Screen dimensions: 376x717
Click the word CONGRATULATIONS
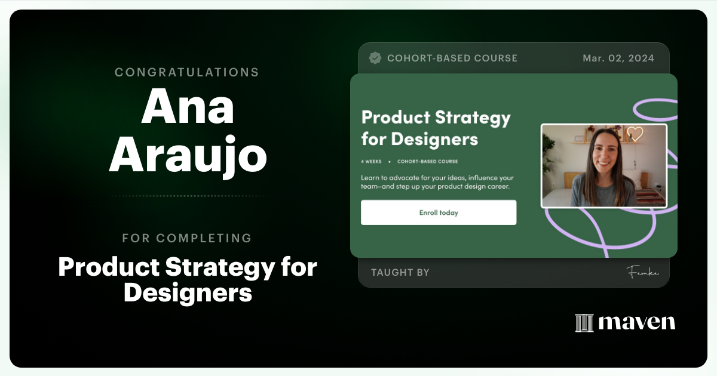[187, 72]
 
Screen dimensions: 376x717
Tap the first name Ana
[187, 107]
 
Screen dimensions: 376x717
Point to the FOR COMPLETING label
[187, 238]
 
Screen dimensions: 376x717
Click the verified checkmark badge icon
[375, 58]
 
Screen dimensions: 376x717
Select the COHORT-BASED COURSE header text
[452, 58]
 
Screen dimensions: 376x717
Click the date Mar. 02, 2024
[618, 58]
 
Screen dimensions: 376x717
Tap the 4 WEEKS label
[371, 161]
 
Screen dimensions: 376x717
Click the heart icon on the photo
[635, 134]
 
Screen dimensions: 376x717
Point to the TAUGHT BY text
[400, 273]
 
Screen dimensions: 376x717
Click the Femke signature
[642, 273]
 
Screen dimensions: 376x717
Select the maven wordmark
[636, 322]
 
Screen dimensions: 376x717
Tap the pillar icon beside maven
[584, 323]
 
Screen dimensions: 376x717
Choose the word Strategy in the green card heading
[473, 117]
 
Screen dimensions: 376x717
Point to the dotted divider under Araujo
[187, 196]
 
